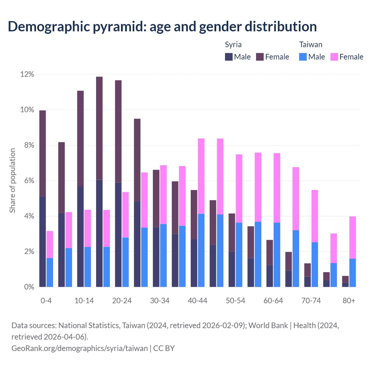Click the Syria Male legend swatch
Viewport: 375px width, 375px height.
tap(229, 57)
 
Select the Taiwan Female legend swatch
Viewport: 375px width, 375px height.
tap(334, 57)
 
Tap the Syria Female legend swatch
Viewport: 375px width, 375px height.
tap(260, 57)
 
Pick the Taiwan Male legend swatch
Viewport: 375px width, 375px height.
tap(303, 57)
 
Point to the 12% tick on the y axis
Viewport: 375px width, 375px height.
tap(27, 74)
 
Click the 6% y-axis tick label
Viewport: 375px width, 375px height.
tap(29, 181)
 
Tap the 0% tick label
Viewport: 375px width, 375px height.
tap(29, 287)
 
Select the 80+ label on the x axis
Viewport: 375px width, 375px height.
tap(349, 301)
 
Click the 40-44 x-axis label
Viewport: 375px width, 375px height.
tap(197, 301)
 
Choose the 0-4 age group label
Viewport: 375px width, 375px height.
tap(46, 301)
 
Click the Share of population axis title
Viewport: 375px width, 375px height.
tap(13, 180)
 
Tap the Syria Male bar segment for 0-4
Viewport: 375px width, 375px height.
tap(43, 242)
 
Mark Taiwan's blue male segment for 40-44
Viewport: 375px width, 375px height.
tap(201, 250)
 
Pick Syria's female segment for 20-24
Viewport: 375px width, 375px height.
tap(118, 131)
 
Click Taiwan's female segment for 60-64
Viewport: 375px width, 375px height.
tap(277, 188)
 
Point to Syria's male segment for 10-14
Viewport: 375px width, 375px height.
tap(81, 237)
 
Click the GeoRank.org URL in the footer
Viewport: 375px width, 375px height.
tap(80, 348)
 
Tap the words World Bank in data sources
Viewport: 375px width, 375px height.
tap(268, 325)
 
